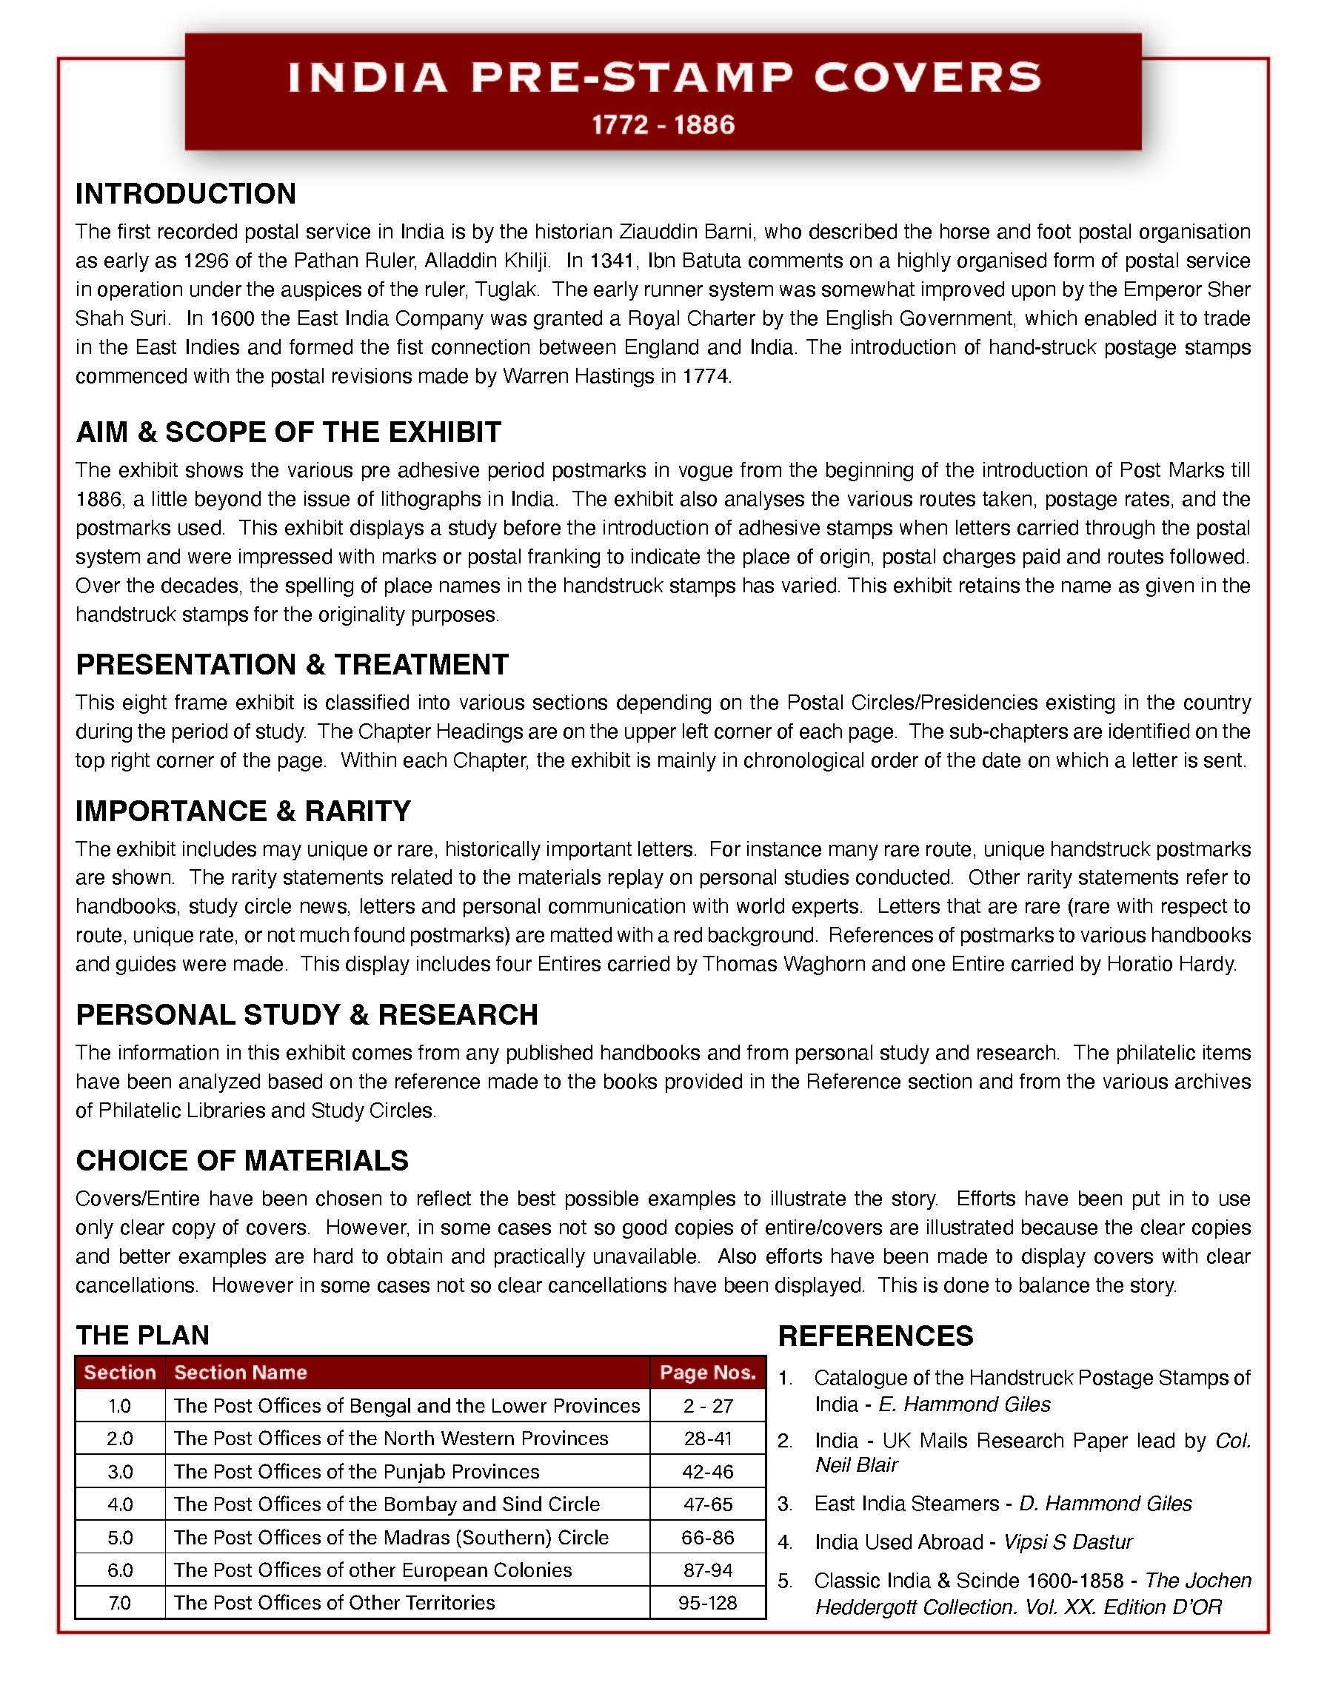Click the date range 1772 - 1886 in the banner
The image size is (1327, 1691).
[x=663, y=125]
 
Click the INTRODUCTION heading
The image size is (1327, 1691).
[x=186, y=193]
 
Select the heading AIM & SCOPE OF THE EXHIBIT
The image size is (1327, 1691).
[x=288, y=432]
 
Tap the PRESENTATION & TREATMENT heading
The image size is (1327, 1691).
[x=292, y=664]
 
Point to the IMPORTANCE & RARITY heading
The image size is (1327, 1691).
[x=243, y=811]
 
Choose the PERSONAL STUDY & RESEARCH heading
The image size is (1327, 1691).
[x=307, y=1014]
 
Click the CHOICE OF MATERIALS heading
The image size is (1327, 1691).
[x=242, y=1160]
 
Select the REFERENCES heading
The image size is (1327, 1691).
[x=875, y=1336]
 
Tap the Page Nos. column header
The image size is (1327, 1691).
[x=708, y=1373]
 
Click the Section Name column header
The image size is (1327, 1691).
[x=240, y=1373]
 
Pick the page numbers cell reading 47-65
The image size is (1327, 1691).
[x=708, y=1504]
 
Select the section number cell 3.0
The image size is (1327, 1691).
[x=120, y=1471]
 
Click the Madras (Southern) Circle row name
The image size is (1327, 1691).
[x=391, y=1537]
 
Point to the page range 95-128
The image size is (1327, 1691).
[x=708, y=1602]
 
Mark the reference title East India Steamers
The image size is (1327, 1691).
[x=906, y=1504]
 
